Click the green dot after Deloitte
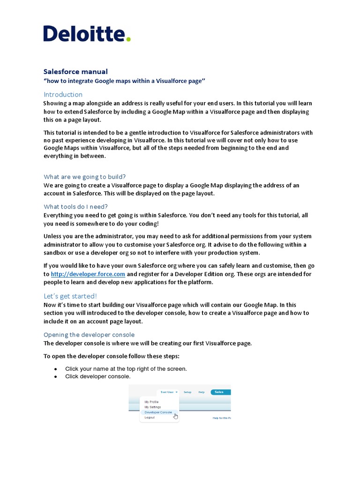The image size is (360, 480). (x=128, y=39)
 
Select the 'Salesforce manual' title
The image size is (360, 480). (x=75, y=72)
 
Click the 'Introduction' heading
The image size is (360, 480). (x=63, y=95)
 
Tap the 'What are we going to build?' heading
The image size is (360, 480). (x=85, y=177)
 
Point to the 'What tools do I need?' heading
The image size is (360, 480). (x=75, y=207)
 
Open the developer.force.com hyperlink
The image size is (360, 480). (x=88, y=274)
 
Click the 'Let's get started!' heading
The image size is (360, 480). (x=70, y=296)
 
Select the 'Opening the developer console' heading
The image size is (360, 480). (x=89, y=335)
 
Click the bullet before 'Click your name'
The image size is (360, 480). (x=56, y=369)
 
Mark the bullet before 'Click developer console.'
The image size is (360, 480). (x=56, y=376)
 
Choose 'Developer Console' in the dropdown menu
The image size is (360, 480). (x=158, y=412)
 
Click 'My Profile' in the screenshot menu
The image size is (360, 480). (x=151, y=402)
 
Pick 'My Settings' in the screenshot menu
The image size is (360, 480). (x=152, y=407)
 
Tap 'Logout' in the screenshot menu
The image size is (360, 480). (x=150, y=417)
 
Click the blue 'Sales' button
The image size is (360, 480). (x=219, y=392)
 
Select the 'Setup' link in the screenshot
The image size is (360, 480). (x=187, y=392)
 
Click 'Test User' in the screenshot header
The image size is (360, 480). (x=168, y=392)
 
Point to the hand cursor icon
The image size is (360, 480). (x=176, y=416)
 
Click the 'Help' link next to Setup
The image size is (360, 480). (x=201, y=392)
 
